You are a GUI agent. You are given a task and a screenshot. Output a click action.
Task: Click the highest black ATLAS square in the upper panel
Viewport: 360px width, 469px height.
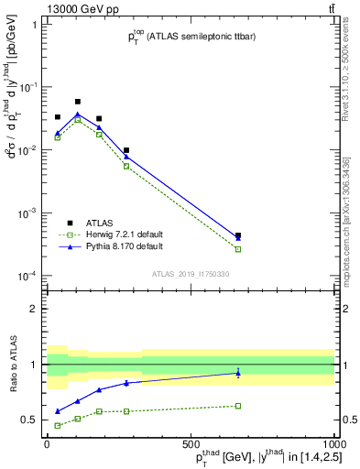78,102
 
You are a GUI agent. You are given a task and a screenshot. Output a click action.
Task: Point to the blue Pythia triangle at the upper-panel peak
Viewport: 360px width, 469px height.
78,115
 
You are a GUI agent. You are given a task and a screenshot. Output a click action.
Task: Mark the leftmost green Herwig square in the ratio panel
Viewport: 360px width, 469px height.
58,425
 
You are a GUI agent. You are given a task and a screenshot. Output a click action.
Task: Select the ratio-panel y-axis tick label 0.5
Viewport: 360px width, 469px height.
33,420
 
